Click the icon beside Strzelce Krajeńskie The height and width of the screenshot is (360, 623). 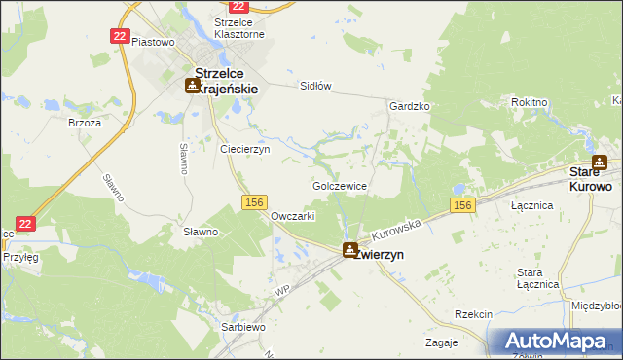[193, 85]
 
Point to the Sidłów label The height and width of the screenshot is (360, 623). [316, 86]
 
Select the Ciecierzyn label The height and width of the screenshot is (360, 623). [244, 150]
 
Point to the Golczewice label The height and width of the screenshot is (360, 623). [339, 185]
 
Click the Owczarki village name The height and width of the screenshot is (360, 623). [293, 216]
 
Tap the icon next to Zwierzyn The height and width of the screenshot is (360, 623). [349, 250]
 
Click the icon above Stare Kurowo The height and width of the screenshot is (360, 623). [600, 163]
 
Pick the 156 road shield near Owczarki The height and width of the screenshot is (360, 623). [254, 201]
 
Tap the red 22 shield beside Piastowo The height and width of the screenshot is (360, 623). [119, 36]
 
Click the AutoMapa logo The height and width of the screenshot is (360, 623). [555, 342]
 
